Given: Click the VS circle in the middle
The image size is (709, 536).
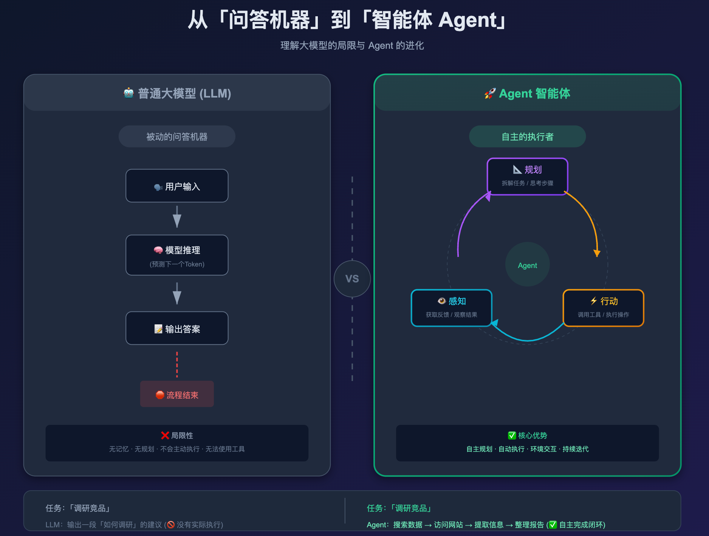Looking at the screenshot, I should [x=352, y=279].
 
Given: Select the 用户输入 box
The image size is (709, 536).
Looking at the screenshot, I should [x=177, y=186].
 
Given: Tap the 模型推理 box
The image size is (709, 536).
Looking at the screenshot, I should [x=177, y=255].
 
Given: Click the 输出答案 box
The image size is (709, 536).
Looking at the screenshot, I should [x=177, y=328].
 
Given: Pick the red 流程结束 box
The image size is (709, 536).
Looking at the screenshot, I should [x=177, y=394].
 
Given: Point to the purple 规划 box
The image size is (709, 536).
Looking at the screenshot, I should [x=527, y=176].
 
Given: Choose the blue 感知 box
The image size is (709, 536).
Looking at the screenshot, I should [x=451, y=308].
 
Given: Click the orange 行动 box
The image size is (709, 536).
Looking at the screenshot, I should [x=603, y=308].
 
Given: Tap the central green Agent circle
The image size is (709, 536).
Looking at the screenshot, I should [x=527, y=265].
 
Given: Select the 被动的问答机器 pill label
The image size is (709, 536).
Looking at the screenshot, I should [x=177, y=136].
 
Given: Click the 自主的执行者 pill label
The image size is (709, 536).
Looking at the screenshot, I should [x=527, y=136].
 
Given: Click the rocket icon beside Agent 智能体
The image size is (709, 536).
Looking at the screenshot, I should [x=490, y=93].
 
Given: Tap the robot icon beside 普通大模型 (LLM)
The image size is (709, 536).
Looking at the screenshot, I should [x=128, y=93].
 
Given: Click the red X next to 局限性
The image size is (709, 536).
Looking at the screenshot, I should [x=165, y=435].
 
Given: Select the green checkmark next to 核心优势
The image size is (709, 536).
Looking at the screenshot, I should [x=512, y=435].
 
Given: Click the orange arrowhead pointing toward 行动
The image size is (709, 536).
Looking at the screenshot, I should [x=597, y=253].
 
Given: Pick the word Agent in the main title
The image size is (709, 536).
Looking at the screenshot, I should [x=468, y=20].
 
